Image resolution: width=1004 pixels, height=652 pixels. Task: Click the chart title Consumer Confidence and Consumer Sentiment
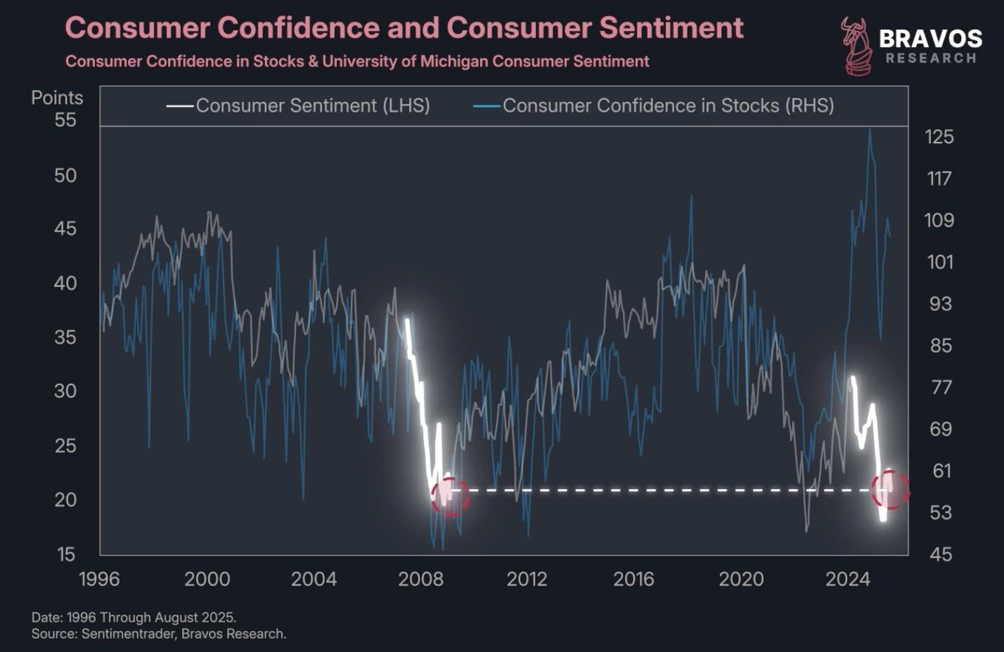[404, 28]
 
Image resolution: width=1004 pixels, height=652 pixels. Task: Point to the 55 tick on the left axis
[65, 120]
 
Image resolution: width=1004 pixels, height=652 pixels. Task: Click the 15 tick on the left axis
[65, 554]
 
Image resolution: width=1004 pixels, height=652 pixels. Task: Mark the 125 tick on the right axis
[939, 136]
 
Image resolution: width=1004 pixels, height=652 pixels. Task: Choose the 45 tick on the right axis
[941, 554]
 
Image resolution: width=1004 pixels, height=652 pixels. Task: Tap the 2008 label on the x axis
[420, 579]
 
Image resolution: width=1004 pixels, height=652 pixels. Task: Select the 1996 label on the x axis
[99, 579]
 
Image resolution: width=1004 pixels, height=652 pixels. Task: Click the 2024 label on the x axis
[847, 579]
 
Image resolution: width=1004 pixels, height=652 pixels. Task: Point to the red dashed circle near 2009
[450, 497]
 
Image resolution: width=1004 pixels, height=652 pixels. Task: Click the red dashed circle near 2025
[890, 489]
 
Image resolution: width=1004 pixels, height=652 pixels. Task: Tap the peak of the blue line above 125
[870, 129]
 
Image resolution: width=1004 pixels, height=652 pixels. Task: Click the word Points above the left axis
[57, 98]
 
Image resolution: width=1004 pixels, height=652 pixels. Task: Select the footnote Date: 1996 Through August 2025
[134, 618]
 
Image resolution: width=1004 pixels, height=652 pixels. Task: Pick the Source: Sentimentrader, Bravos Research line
[159, 634]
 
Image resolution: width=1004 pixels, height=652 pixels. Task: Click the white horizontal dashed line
[668, 490]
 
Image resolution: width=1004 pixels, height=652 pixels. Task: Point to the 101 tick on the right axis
[939, 262]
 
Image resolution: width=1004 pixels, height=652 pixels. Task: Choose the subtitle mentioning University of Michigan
[357, 62]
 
